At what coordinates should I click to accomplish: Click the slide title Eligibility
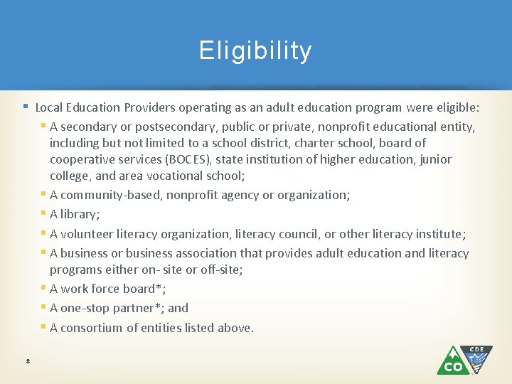click(x=255, y=51)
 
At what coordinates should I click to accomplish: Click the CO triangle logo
click(x=452, y=361)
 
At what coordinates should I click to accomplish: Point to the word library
click(x=79, y=214)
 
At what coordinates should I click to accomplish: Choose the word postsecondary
click(x=181, y=127)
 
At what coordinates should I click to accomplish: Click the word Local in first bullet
click(x=48, y=108)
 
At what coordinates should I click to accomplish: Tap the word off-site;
click(x=222, y=270)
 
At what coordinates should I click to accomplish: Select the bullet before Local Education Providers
click(x=25, y=107)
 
